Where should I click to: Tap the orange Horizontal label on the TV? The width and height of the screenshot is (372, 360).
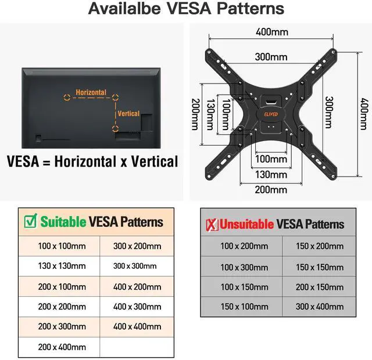click(90, 93)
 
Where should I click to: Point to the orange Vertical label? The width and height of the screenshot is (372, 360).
click(128, 114)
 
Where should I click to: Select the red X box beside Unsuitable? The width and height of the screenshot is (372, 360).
click(212, 224)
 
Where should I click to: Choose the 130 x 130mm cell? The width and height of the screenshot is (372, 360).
click(62, 266)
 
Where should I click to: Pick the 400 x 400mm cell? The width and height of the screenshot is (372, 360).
click(137, 327)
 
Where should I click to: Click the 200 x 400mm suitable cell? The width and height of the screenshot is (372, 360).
click(62, 347)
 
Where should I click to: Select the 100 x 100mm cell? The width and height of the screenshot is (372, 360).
click(62, 246)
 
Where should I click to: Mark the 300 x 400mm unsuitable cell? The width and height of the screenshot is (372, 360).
click(319, 307)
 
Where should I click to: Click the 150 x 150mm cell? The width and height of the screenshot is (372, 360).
click(319, 267)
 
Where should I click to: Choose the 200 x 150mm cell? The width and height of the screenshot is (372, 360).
click(319, 287)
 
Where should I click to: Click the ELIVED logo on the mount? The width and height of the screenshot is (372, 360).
click(271, 115)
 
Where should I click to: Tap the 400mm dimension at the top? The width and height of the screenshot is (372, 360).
click(271, 31)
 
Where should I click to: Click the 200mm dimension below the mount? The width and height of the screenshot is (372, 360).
click(271, 189)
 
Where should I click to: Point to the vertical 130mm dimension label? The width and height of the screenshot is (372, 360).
click(210, 114)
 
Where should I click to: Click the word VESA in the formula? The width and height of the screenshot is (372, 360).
click(24, 161)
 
